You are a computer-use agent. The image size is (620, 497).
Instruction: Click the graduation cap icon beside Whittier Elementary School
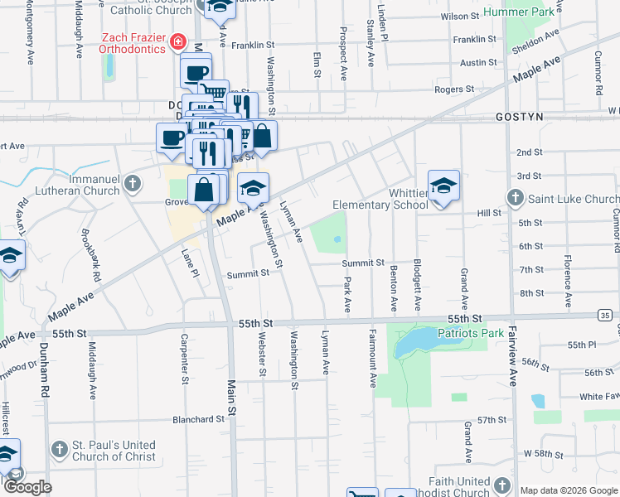443,186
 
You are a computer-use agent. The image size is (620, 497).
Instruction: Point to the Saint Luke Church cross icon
515,199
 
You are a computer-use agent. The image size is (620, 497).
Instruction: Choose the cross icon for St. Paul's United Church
59,450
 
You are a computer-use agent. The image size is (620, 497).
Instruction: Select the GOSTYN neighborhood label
519,118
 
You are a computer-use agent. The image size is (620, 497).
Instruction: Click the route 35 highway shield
606,315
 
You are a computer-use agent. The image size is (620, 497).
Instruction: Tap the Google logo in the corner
27,486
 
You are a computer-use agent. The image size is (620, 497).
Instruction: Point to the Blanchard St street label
198,419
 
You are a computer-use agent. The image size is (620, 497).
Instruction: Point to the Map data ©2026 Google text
568,490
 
